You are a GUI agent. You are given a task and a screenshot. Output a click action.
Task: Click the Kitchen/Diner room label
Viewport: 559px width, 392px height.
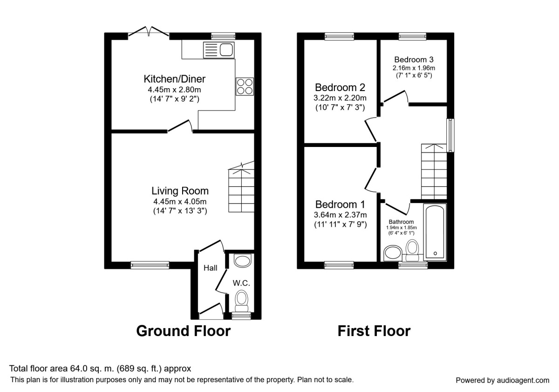pyautogui.click(x=174, y=78)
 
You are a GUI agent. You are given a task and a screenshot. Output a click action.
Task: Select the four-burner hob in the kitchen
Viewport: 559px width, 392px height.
pyautogui.click(x=245, y=86)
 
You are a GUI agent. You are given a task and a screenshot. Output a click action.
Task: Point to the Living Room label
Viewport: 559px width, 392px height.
pyautogui.click(x=180, y=191)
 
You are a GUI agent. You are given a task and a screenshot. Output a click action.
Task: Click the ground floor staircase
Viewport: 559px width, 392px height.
pyautogui.click(x=241, y=189)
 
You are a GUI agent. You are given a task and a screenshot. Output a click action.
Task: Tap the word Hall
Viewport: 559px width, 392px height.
pyautogui.click(x=210, y=268)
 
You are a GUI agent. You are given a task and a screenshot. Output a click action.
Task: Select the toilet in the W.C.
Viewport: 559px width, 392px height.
pyautogui.click(x=241, y=301)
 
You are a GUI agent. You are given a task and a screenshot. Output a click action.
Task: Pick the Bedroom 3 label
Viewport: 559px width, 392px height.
pyautogui.click(x=414, y=60)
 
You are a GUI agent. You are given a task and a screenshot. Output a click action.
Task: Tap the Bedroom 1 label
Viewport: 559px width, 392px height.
pyautogui.click(x=340, y=204)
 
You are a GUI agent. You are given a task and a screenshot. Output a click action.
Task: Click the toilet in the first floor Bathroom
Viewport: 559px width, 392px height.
pyautogui.click(x=411, y=250)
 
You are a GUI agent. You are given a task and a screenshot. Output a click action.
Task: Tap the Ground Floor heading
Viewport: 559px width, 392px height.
pyautogui.click(x=183, y=331)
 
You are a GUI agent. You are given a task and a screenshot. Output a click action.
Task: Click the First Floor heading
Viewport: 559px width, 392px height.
pyautogui.click(x=374, y=331)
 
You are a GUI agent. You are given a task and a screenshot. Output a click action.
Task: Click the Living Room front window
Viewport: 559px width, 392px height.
pyautogui.click(x=150, y=265)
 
